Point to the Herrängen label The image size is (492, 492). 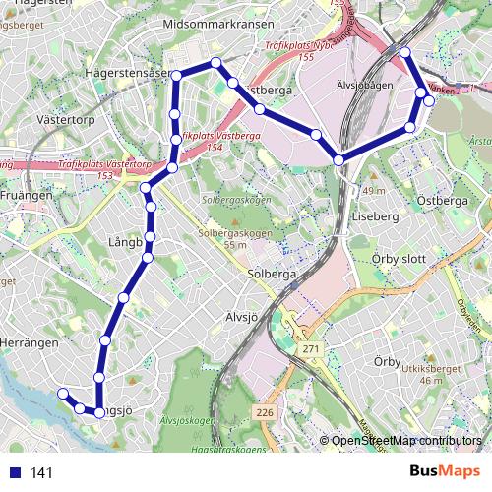coord(30,341)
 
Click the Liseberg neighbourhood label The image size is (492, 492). coord(373,215)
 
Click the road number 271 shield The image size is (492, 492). coord(312,350)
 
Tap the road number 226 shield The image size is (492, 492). coord(265,412)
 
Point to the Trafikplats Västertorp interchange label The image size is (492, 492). coord(104,165)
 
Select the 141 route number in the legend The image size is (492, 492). coord(41,472)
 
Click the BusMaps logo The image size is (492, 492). coord(445,471)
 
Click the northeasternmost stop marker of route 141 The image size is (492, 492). coord(404,52)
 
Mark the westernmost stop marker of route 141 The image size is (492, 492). coord(62,393)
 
